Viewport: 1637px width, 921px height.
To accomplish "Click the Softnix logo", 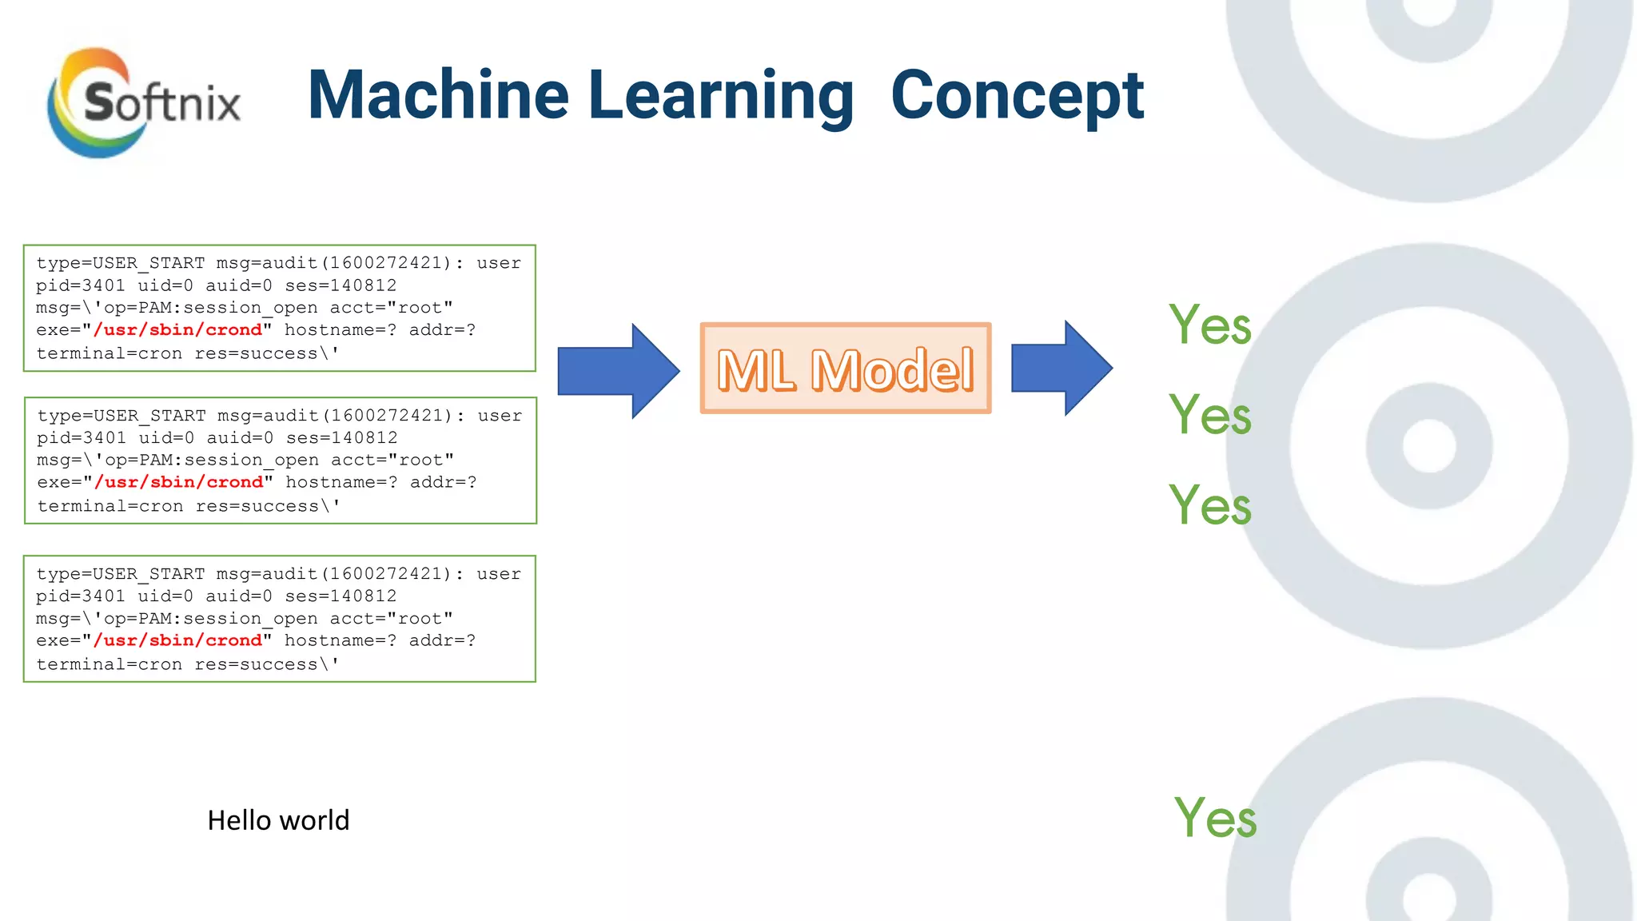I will pyautogui.click(x=144, y=102).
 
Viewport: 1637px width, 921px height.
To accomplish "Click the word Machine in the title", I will pyautogui.click(x=438, y=95).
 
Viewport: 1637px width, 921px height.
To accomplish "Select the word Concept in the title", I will pyautogui.click(x=1017, y=95).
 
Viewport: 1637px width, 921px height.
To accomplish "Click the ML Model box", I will pyautogui.click(x=846, y=369).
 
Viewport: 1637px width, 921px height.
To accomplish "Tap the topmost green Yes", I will pyautogui.click(x=1209, y=325).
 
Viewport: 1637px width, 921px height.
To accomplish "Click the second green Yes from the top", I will pyautogui.click(x=1209, y=415).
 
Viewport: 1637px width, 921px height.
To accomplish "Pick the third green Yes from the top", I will pyautogui.click(x=1209, y=505).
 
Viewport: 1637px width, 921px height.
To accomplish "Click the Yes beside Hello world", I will pyautogui.click(x=1214, y=818).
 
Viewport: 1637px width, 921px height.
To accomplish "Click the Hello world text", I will pyautogui.click(x=278, y=820).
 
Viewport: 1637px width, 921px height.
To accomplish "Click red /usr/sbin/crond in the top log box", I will pyautogui.click(x=177, y=330).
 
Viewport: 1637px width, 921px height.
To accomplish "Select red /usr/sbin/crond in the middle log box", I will pyautogui.click(x=178, y=482).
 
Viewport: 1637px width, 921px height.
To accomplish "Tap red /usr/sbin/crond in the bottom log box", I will pyautogui.click(x=177, y=640).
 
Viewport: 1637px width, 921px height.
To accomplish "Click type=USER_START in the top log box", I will pyautogui.click(x=120, y=263).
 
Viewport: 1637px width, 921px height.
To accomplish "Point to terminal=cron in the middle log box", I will pyautogui.click(x=110, y=506).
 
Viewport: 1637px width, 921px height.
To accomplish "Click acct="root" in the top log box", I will pyautogui.click(x=391, y=308).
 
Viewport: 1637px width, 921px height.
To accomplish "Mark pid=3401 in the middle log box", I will pyautogui.click(x=82, y=438).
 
